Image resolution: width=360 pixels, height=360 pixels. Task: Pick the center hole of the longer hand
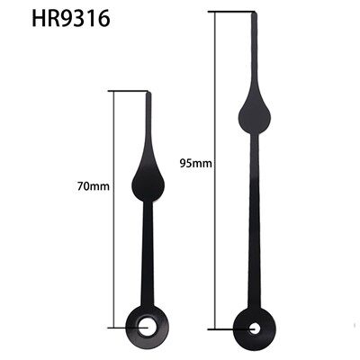point(252,326)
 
